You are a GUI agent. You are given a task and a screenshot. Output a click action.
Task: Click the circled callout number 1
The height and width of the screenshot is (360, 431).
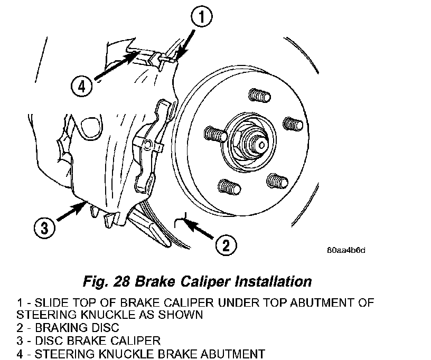(x=202, y=18)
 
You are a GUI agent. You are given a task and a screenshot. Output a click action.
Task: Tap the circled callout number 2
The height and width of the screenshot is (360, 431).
(x=226, y=244)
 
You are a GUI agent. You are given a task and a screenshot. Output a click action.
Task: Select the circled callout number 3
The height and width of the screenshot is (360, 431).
(x=44, y=228)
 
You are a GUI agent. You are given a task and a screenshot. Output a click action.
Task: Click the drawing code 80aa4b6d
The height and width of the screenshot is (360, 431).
(x=346, y=250)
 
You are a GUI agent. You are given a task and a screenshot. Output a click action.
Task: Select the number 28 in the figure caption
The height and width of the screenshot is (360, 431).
(x=126, y=280)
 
